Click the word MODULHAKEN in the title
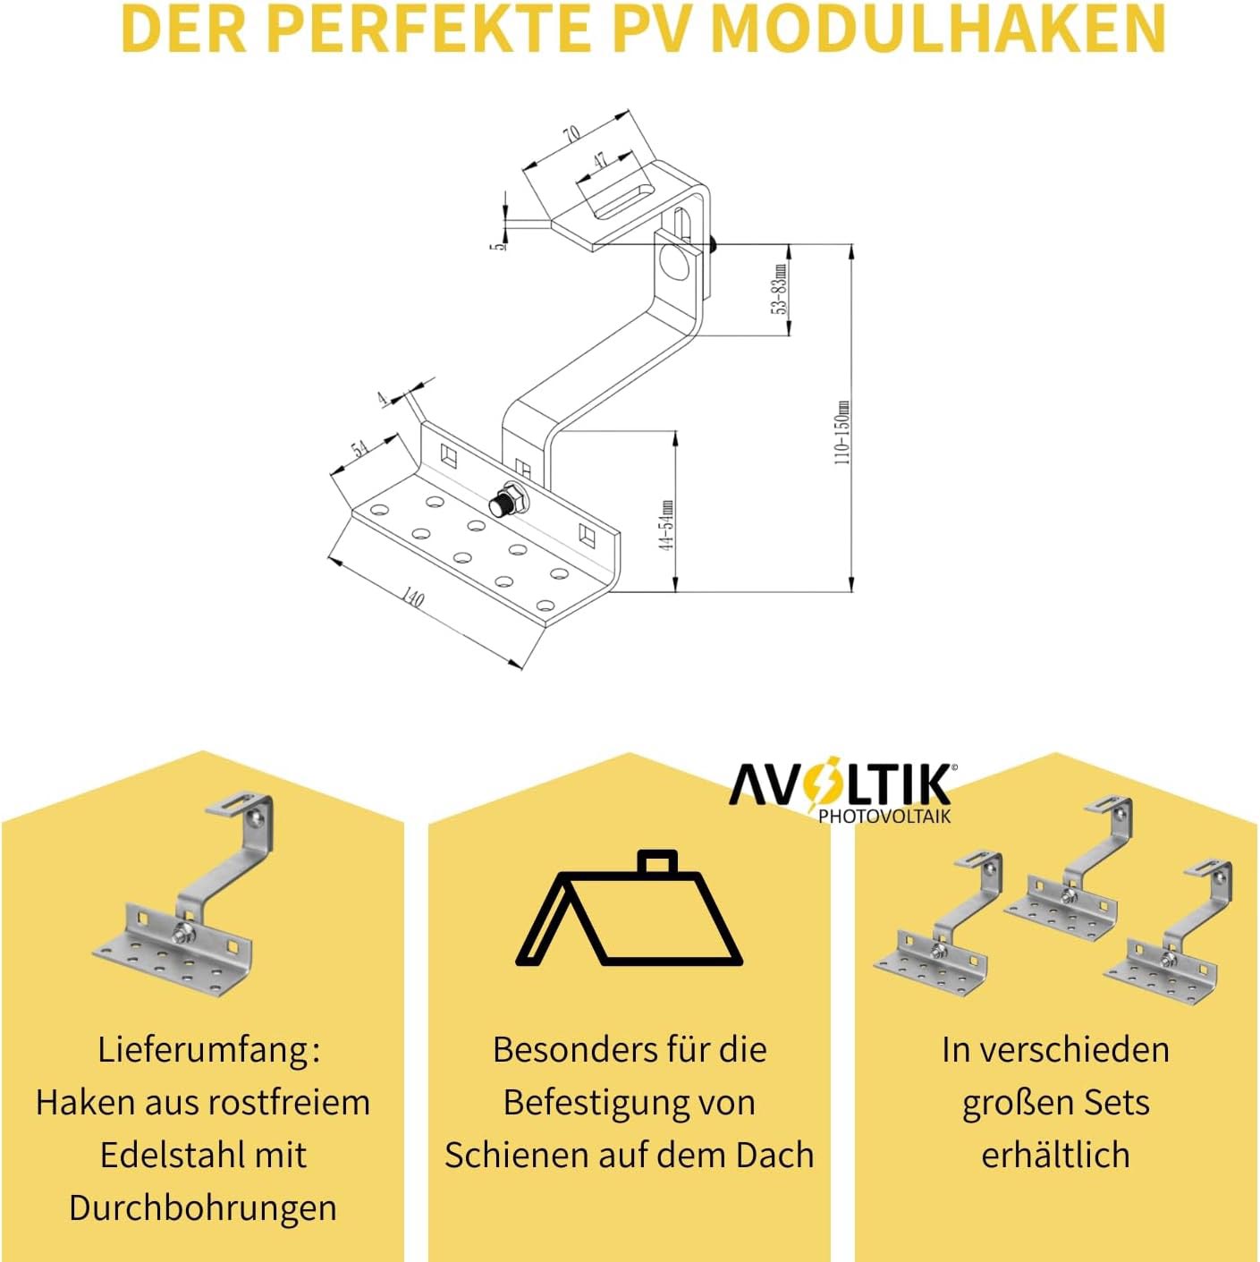point(939,29)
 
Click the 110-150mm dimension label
point(841,432)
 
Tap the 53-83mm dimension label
point(780,289)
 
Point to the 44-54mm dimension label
point(666,525)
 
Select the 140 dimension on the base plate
point(412,597)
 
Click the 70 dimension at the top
point(571,134)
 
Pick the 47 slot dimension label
point(599,160)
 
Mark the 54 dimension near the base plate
point(359,448)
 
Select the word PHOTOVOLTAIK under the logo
point(884,816)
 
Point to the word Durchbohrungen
point(203,1207)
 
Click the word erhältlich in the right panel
point(1055,1156)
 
